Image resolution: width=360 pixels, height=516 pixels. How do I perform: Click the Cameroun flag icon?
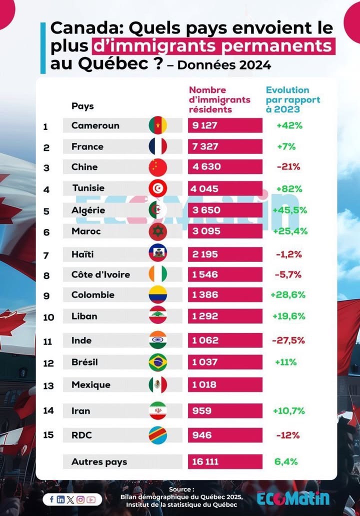click(158, 125)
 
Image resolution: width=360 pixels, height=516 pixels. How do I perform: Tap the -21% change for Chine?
click(288, 167)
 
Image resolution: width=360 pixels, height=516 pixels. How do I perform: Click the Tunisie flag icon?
click(158, 188)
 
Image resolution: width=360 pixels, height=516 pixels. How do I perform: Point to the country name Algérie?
click(88, 210)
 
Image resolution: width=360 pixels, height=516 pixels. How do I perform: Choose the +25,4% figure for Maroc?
click(289, 231)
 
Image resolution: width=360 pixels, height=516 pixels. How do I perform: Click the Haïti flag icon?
click(158, 253)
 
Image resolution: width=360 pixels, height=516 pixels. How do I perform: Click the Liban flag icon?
click(158, 315)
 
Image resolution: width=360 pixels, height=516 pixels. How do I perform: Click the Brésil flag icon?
click(158, 362)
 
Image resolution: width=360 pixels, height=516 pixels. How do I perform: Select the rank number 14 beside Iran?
click(48, 411)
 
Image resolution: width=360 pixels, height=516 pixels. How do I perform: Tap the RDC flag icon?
click(158, 435)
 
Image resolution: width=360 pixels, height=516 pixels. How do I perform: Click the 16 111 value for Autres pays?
click(205, 462)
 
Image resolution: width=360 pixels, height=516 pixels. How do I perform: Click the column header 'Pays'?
click(82, 106)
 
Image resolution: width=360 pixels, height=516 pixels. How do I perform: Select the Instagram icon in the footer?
click(80, 499)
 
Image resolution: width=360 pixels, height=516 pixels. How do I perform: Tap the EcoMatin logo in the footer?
click(293, 498)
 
